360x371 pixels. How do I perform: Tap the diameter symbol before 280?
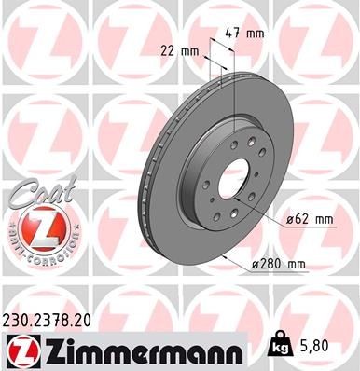pos(255,264)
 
